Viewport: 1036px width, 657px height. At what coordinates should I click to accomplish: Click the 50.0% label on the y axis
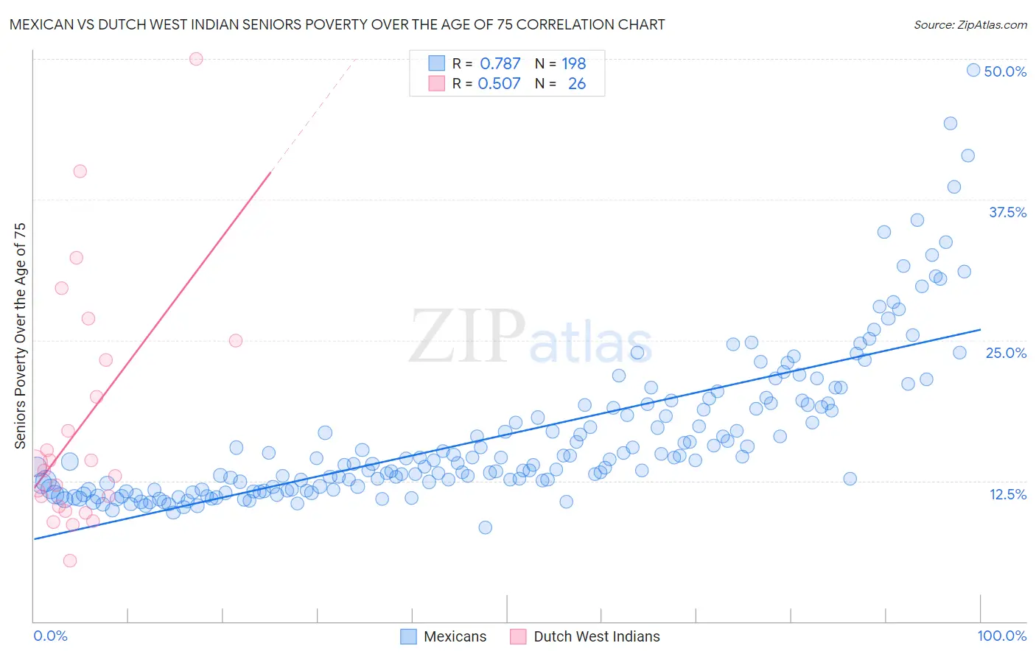pos(1005,71)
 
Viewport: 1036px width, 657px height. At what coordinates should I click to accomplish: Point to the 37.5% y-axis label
pos(1007,212)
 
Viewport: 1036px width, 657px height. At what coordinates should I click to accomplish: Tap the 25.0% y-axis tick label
pos(1006,353)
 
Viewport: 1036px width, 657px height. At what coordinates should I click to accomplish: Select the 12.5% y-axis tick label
pos(1007,494)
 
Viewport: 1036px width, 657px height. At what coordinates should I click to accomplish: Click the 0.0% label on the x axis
pos(50,636)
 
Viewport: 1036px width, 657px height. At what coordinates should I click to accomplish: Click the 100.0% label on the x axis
pos(1001,636)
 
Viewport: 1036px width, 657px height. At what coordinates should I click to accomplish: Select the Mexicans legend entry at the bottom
pos(444,636)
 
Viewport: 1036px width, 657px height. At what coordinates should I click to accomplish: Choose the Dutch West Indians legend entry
pos(585,636)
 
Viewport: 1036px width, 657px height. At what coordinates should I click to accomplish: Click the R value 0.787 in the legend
pos(500,63)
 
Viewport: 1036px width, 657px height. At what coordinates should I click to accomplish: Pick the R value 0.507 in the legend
pos(499,83)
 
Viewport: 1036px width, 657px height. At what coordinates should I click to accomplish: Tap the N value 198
pos(573,63)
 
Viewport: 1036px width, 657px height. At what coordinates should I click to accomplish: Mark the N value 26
pos(576,83)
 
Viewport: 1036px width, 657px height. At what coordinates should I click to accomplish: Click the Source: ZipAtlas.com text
pos(970,24)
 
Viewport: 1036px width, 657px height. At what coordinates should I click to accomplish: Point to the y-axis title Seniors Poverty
pos(20,335)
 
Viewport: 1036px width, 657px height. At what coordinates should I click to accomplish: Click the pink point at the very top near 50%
pos(196,59)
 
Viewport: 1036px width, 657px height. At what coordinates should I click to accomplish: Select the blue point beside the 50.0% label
pos(973,70)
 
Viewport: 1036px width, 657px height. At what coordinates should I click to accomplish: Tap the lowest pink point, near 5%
pos(70,561)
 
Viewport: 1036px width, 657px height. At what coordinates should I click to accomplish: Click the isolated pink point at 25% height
pos(236,340)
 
